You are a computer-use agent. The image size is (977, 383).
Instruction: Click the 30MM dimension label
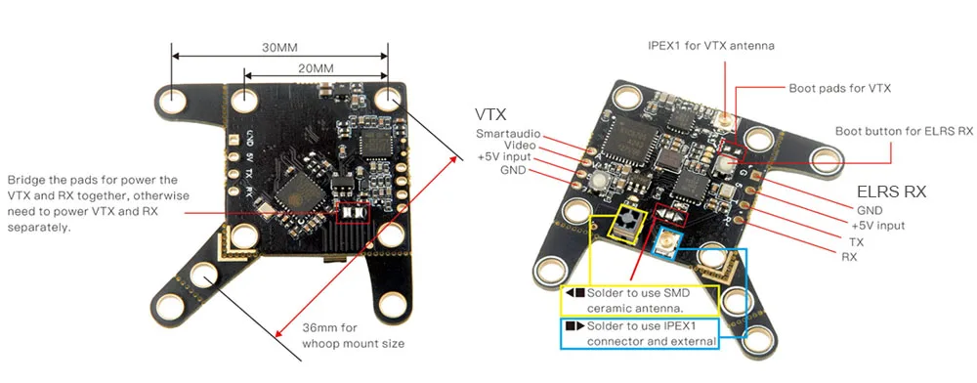point(280,45)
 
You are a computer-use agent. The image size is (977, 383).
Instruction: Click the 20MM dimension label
point(316,68)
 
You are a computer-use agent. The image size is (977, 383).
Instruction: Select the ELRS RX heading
point(891,191)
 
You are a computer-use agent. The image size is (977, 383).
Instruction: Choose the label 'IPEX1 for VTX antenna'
point(711,45)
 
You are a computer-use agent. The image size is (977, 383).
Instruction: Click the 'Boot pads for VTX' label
point(839,87)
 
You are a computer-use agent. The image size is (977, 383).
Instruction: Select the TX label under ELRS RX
point(856,240)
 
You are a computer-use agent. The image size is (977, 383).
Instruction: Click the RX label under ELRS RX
point(849,255)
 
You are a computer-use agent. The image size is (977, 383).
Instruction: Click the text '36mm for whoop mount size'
point(353,335)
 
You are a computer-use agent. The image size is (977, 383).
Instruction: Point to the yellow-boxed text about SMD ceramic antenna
point(639,300)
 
